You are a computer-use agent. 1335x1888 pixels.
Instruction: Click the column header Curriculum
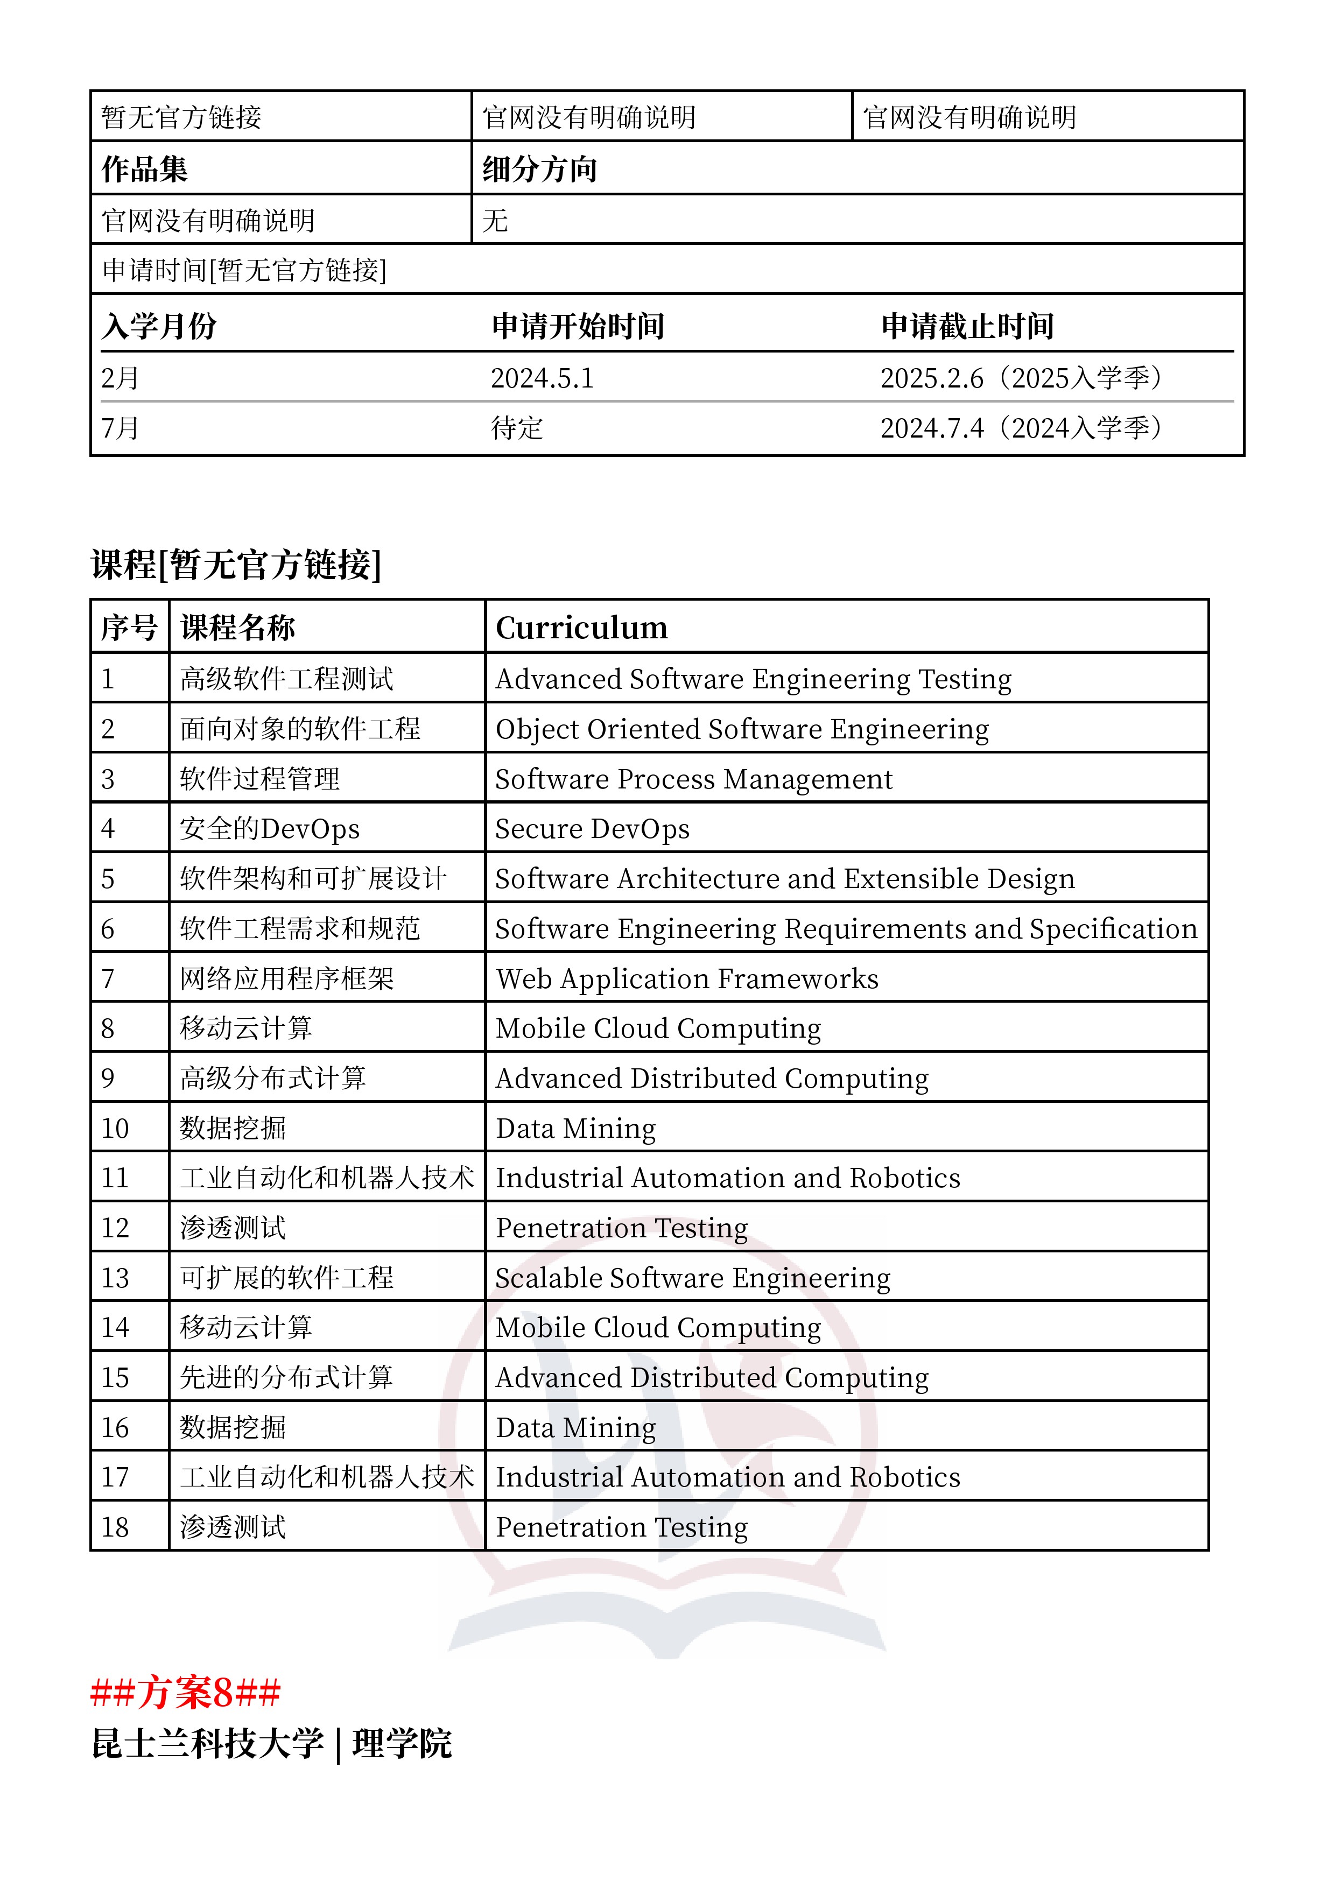(x=581, y=628)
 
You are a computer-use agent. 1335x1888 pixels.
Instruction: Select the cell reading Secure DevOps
(x=592, y=829)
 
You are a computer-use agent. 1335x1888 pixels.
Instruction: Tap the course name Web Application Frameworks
(x=687, y=978)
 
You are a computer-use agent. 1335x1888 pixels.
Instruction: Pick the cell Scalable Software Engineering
(x=693, y=1278)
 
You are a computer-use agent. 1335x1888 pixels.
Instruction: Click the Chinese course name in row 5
(x=313, y=878)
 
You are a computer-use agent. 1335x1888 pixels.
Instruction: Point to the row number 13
(x=115, y=1278)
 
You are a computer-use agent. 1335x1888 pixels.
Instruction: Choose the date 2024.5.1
(x=542, y=378)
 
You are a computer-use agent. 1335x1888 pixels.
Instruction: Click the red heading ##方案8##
(x=186, y=1692)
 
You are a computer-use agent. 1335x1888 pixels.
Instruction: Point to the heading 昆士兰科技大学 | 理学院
(x=271, y=1743)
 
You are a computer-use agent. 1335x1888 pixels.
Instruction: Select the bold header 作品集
(x=145, y=170)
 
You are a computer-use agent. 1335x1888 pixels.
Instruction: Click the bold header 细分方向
(x=539, y=170)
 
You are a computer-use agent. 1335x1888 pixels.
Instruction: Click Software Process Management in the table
(x=693, y=779)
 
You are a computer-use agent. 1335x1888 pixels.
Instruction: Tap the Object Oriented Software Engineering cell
(x=742, y=729)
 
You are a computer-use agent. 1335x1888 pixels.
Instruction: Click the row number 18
(x=115, y=1527)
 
